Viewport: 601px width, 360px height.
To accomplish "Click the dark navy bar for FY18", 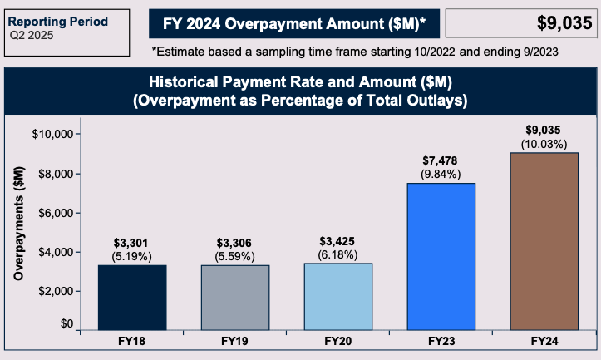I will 131,297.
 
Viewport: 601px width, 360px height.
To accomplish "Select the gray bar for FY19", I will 234,297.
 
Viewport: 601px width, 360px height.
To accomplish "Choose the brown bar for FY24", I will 544,241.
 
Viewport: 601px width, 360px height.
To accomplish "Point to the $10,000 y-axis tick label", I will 53,134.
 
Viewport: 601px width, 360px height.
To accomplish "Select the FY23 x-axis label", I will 441,343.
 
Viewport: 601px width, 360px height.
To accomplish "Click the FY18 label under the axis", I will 131,343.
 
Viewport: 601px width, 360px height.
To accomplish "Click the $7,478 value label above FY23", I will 441,160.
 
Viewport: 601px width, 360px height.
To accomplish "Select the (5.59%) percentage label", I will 234,256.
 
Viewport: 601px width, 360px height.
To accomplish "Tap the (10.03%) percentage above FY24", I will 544,145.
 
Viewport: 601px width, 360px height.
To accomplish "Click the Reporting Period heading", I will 59,21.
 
